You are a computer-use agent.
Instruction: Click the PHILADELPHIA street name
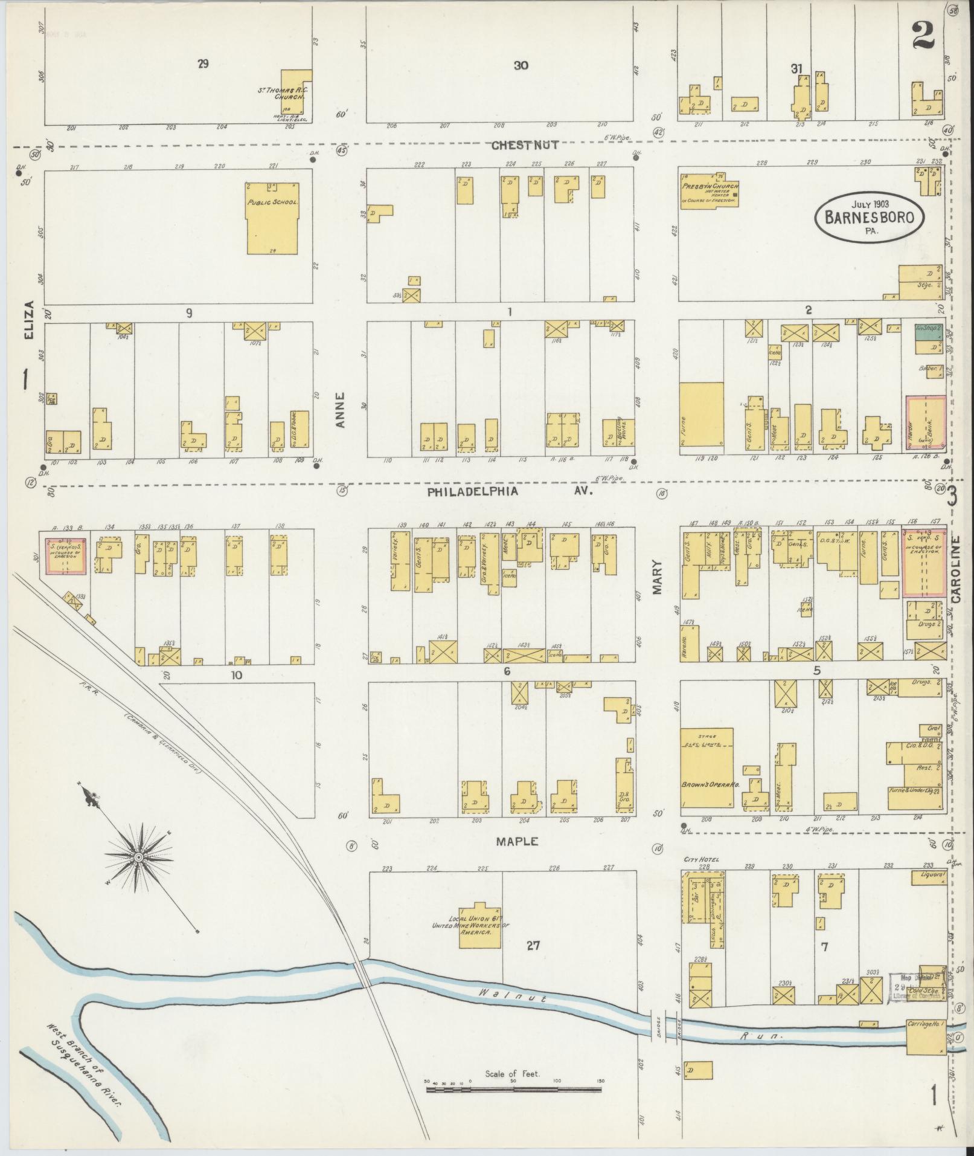pyautogui.click(x=473, y=491)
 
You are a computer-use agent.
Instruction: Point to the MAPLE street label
pyautogui.click(x=517, y=841)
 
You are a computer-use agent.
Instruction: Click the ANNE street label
pyautogui.click(x=341, y=411)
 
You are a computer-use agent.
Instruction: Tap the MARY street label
pyautogui.click(x=658, y=578)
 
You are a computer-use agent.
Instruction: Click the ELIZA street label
pyautogui.click(x=29, y=321)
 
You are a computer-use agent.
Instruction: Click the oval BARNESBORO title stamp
pyautogui.click(x=869, y=218)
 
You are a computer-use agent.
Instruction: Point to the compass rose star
pyautogui.click(x=138, y=856)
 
